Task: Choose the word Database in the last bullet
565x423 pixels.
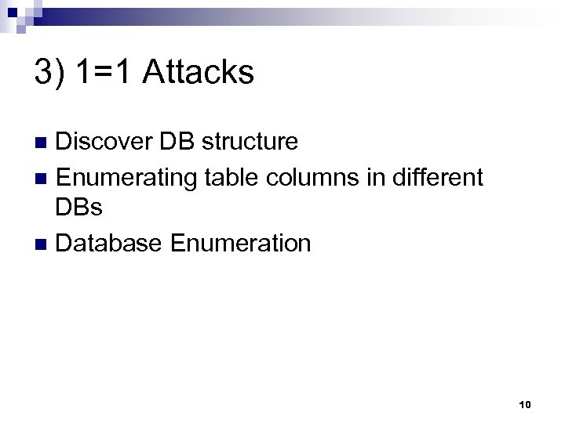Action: pyautogui.click(x=109, y=244)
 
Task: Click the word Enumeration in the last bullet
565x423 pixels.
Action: pyautogui.click(x=240, y=244)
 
